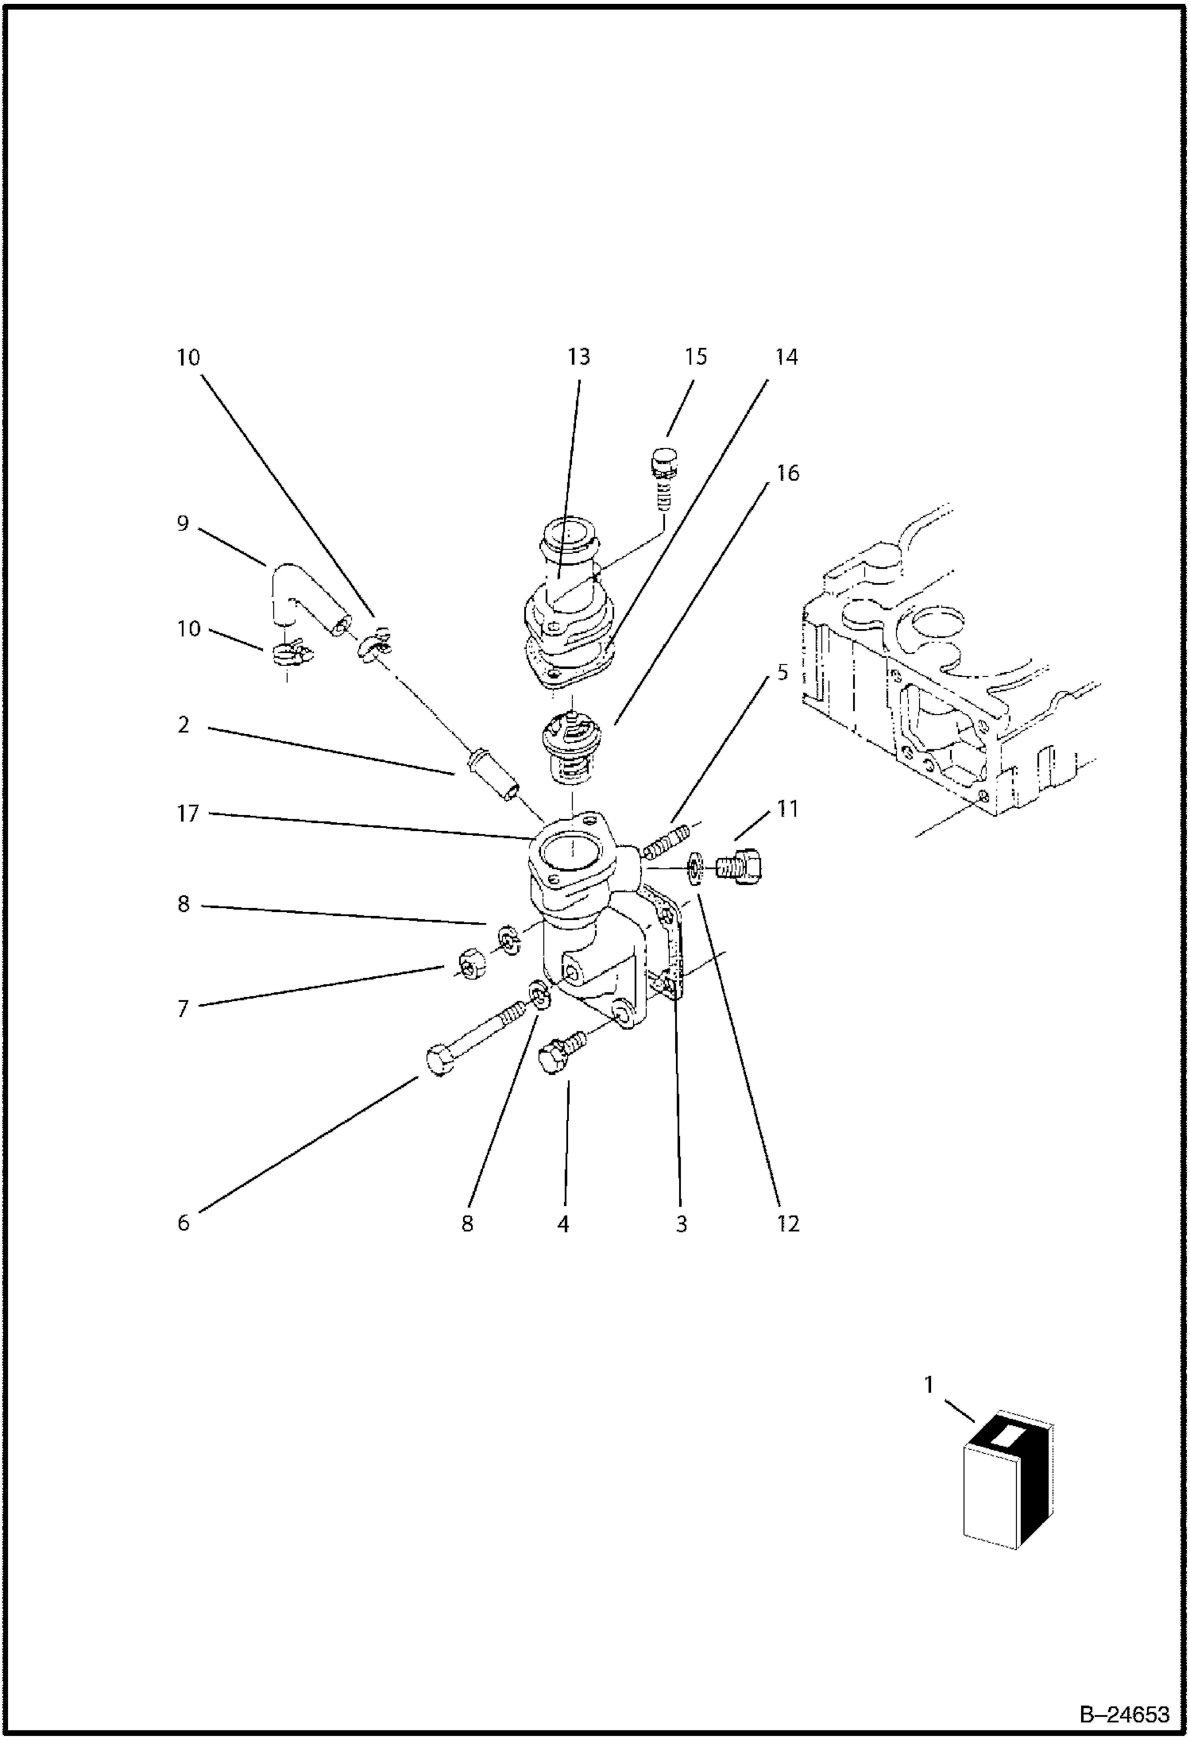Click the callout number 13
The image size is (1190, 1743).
[578, 357]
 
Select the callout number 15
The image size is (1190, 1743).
[695, 357]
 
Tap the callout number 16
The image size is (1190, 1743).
[786, 473]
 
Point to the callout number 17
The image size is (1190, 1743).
[188, 814]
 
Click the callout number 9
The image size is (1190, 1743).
[183, 524]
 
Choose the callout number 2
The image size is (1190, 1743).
[184, 725]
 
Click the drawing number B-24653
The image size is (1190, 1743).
[1123, 1714]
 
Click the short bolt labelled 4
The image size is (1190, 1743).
[562, 1050]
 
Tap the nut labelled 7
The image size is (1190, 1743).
[469, 964]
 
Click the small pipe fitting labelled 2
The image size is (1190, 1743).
[493, 775]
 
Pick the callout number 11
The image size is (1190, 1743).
[786, 809]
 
